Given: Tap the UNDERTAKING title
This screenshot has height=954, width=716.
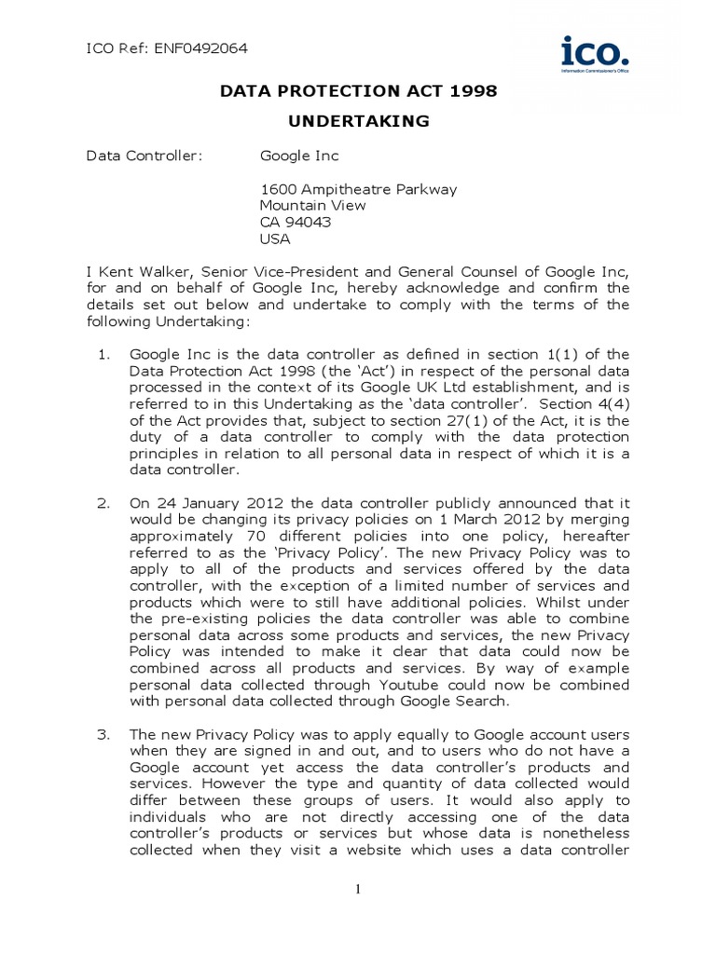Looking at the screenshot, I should pos(358,120).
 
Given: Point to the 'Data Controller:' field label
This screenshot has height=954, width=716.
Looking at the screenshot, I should pos(144,156).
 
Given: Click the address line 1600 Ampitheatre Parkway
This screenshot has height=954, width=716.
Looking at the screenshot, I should pos(358,189).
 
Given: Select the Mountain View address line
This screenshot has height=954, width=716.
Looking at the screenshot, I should pos(312,205).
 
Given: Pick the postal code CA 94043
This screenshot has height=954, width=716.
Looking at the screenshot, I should pos(296,222).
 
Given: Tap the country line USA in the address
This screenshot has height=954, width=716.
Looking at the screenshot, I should pos(275,238).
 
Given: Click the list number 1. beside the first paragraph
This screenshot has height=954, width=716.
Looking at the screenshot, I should pos(104,354).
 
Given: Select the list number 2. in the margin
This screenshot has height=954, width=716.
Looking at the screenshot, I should pos(104,503).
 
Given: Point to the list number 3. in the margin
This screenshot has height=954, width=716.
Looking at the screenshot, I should pos(104,734).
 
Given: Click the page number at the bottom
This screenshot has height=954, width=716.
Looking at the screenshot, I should pos(357,890).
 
